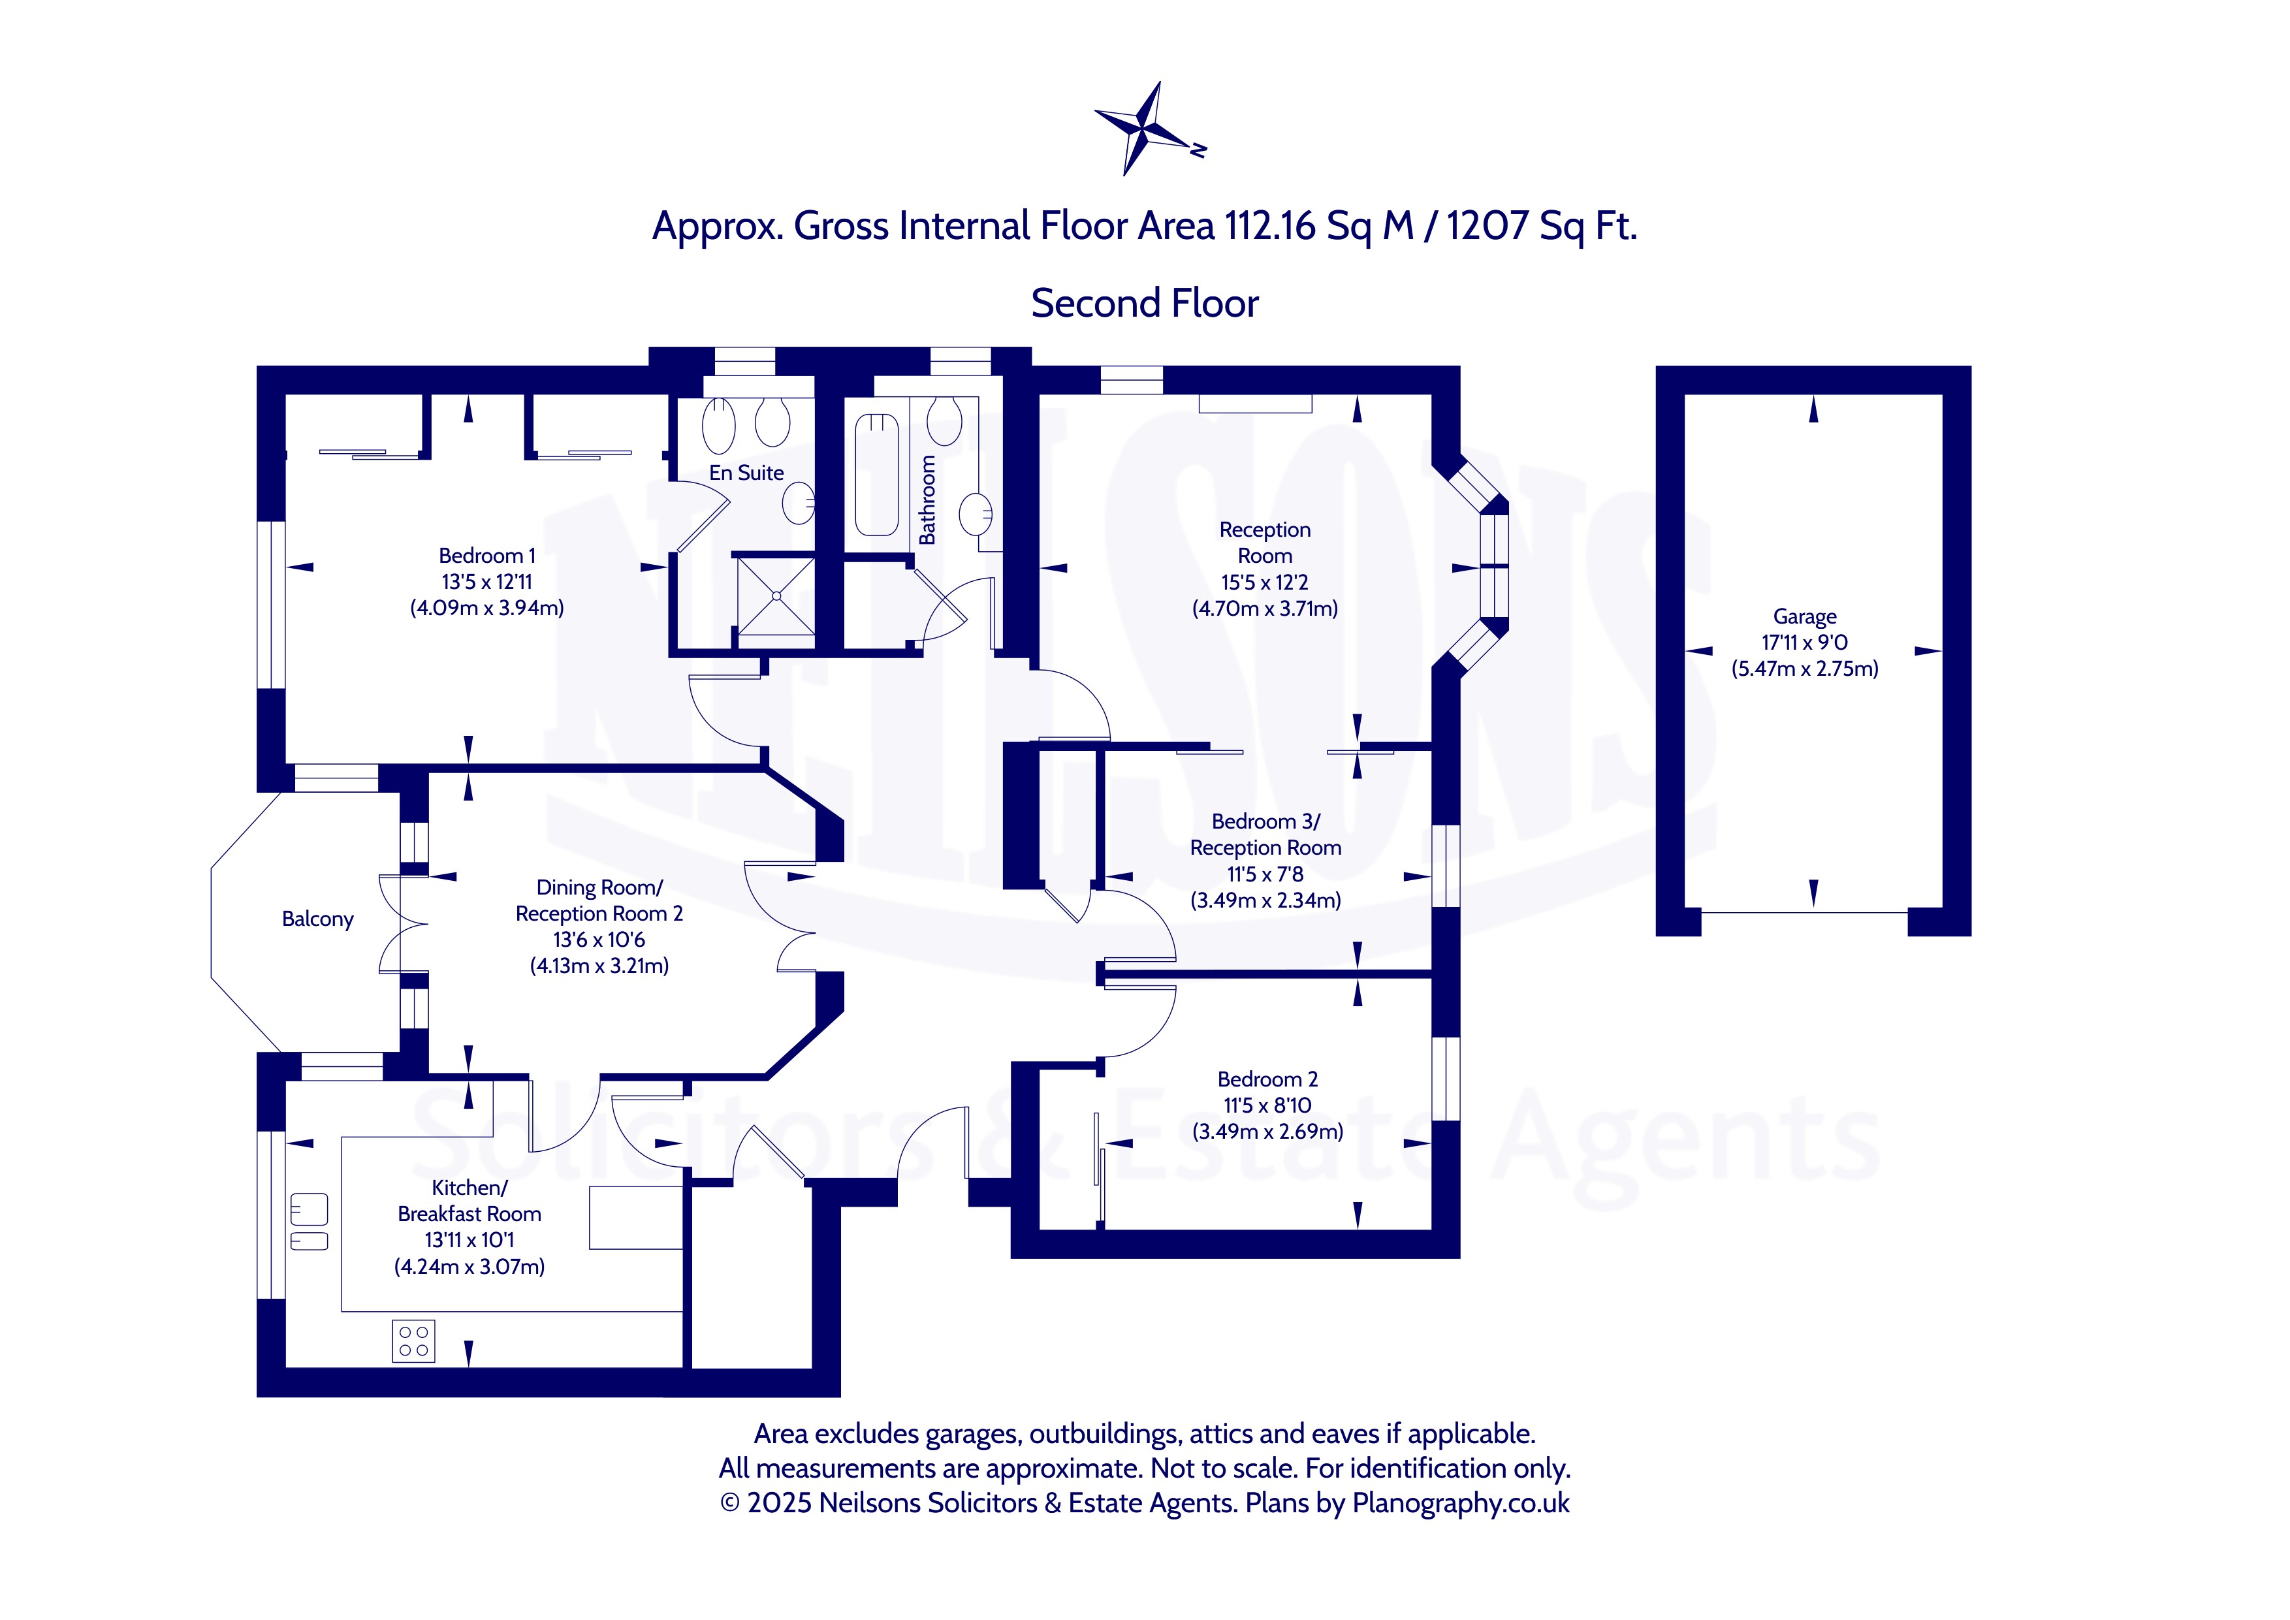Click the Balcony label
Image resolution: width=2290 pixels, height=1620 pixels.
pyautogui.click(x=317, y=919)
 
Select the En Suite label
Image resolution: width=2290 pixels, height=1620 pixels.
pyautogui.click(x=746, y=473)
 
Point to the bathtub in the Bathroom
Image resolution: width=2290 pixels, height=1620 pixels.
pyautogui.click(x=877, y=475)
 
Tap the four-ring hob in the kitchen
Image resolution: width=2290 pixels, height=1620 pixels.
pyautogui.click(x=413, y=1341)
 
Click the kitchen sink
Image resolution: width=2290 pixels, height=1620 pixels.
pyautogui.click(x=308, y=1222)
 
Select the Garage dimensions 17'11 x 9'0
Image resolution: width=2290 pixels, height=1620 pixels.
pyautogui.click(x=1804, y=643)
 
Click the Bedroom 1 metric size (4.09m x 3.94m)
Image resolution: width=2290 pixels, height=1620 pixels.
pyautogui.click(x=486, y=607)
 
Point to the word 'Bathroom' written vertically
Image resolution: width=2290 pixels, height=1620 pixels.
pyautogui.click(x=928, y=500)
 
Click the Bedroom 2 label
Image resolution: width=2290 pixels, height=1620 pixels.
pyautogui.click(x=1267, y=1079)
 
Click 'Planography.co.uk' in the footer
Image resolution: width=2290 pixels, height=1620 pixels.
pyautogui.click(x=1460, y=1502)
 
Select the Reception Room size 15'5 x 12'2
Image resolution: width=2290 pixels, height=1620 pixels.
pyautogui.click(x=1265, y=582)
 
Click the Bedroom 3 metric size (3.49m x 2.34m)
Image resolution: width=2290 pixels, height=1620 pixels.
pyautogui.click(x=1265, y=900)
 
